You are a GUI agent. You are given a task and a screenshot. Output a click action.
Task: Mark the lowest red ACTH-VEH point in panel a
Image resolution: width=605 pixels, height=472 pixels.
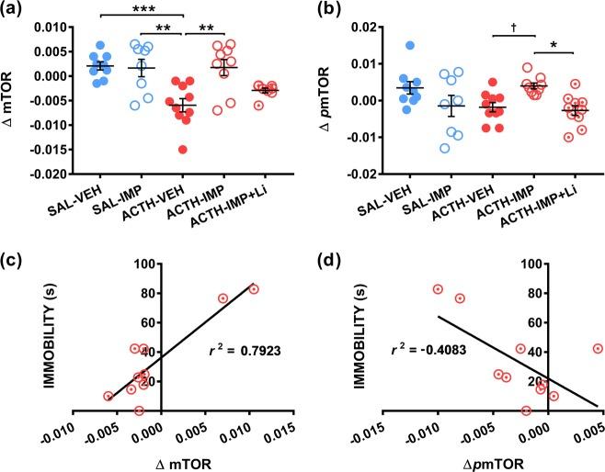point(185,150)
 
